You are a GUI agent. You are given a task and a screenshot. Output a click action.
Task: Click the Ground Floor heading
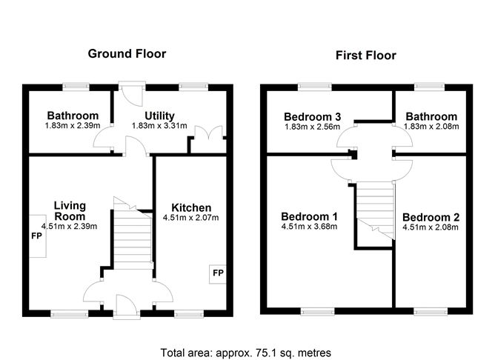pyautogui.click(x=127, y=53)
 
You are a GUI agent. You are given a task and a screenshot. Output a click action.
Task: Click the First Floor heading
pyautogui.click(x=365, y=56)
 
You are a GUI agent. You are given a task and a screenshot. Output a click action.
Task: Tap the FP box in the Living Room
pyautogui.click(x=38, y=236)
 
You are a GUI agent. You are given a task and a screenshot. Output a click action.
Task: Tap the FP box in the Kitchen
pyautogui.click(x=218, y=273)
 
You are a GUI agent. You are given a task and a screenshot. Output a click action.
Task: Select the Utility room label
pyautogui.click(x=159, y=116)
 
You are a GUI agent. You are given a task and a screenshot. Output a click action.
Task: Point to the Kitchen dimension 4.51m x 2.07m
pyautogui.click(x=190, y=218)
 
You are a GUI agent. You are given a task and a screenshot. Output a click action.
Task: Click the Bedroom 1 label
pyautogui.click(x=309, y=217)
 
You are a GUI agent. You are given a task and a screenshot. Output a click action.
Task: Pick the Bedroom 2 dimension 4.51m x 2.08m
pyautogui.click(x=431, y=227)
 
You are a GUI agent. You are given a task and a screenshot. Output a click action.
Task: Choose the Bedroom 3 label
pyautogui.click(x=312, y=117)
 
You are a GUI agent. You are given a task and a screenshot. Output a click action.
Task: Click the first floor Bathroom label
pyautogui.click(x=431, y=116)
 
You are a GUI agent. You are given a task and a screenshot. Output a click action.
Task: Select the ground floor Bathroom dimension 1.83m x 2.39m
pyautogui.click(x=73, y=126)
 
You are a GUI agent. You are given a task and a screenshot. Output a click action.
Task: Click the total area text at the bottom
pyautogui.click(x=246, y=353)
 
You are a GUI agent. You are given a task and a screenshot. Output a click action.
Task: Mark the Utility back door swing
pyautogui.click(x=131, y=95)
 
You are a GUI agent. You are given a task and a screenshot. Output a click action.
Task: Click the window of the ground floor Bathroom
pyautogui.click(x=76, y=87)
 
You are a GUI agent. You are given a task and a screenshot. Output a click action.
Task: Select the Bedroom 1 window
pyautogui.click(x=317, y=311)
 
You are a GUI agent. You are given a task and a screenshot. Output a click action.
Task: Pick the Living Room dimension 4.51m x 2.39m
pyautogui.click(x=69, y=226)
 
